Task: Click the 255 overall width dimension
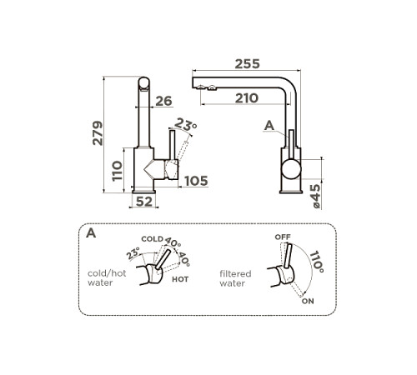(x=247, y=64)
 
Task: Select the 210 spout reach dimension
(x=247, y=98)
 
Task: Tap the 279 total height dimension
(x=98, y=132)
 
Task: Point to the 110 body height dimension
(x=117, y=171)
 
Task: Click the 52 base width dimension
(x=144, y=202)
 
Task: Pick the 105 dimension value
(x=196, y=181)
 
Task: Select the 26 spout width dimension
(x=163, y=101)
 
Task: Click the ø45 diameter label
(x=315, y=196)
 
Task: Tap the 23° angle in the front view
(x=186, y=124)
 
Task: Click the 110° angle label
(x=317, y=262)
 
